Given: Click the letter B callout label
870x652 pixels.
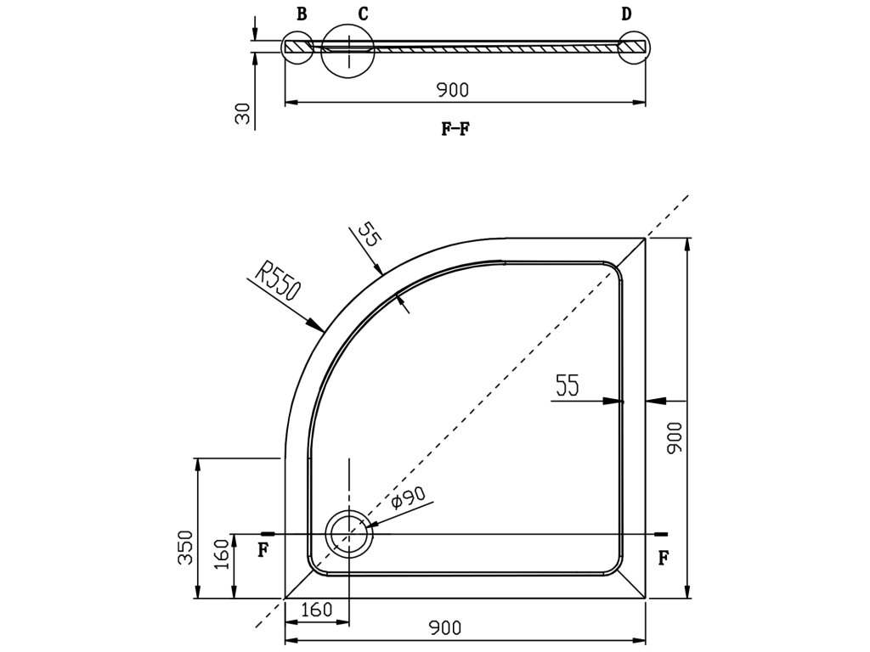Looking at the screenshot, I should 302,14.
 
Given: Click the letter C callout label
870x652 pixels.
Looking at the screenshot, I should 363,14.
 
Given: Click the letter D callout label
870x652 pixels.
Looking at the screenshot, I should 626,14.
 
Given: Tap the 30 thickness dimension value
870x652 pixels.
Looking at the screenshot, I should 244,114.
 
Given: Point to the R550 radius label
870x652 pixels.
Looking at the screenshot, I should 277,283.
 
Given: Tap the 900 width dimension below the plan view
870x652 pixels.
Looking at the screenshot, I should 445,628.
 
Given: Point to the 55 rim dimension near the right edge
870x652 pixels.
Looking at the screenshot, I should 567,386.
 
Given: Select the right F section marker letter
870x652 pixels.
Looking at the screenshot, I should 664,558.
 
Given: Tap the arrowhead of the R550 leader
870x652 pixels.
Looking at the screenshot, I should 321,328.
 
